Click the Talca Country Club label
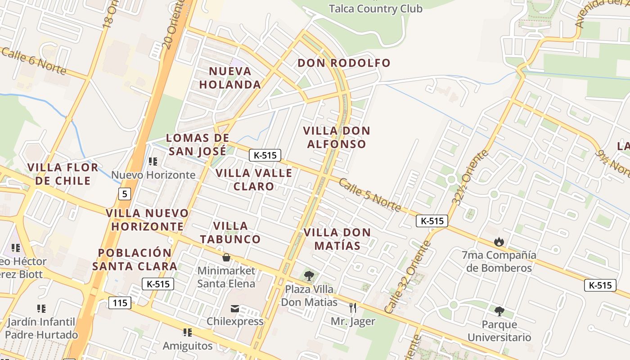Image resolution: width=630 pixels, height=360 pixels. (x=375, y=9)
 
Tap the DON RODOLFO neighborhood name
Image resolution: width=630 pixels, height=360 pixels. (x=344, y=63)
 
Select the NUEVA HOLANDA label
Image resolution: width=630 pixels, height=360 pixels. (x=230, y=78)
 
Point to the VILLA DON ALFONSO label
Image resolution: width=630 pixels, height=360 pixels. (x=337, y=137)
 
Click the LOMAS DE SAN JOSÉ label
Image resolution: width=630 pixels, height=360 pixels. (x=198, y=144)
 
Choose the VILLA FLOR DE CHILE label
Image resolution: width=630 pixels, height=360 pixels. (x=63, y=174)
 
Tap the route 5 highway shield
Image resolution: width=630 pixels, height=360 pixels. (x=125, y=194)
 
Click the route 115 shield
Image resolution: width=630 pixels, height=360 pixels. (x=120, y=303)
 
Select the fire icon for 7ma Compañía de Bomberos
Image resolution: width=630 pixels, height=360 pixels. (x=499, y=242)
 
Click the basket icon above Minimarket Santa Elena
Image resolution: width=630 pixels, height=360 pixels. (x=226, y=257)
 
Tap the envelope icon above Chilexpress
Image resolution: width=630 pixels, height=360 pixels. (x=235, y=309)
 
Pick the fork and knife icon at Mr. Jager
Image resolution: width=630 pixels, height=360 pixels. (x=353, y=308)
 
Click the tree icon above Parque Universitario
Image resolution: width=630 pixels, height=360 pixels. (x=499, y=311)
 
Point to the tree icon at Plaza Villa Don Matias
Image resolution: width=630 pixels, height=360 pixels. (x=309, y=276)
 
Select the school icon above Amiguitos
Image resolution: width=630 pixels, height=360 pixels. (x=187, y=333)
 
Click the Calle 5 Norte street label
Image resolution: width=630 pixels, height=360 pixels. (x=369, y=195)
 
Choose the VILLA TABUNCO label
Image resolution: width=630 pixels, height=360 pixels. (x=230, y=233)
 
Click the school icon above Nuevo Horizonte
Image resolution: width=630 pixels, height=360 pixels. (x=153, y=161)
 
